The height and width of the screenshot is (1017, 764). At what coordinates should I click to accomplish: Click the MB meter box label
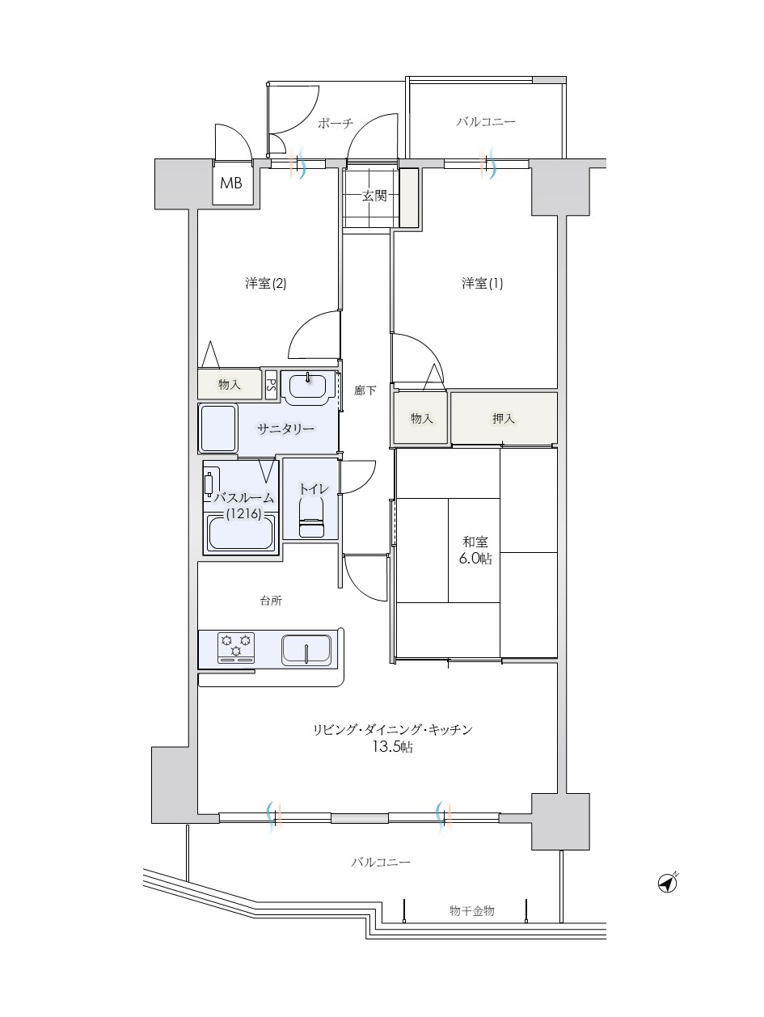[x=230, y=183]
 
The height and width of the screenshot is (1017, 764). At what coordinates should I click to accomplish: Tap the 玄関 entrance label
[x=374, y=196]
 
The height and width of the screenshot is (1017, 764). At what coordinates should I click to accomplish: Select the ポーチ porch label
[x=336, y=123]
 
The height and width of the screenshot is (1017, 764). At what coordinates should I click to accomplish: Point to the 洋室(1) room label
[x=482, y=283]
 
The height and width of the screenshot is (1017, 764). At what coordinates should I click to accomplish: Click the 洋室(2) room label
[x=265, y=283]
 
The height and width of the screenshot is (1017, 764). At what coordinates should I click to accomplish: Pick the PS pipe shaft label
[x=271, y=384]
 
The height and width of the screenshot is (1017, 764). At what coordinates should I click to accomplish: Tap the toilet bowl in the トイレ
[x=311, y=517]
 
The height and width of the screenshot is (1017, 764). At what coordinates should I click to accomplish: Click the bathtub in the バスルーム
[x=241, y=533]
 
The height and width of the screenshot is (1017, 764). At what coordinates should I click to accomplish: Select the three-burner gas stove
[x=236, y=648]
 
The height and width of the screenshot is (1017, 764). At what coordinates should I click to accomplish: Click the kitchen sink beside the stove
[x=306, y=648]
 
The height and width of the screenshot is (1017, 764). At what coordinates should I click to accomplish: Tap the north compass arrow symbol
[x=667, y=883]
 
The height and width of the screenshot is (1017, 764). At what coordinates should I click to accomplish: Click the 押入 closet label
[x=503, y=419]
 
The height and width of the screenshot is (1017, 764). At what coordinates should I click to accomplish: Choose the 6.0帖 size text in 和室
[x=475, y=559]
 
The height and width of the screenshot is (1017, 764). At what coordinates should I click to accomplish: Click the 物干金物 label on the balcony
[x=471, y=911]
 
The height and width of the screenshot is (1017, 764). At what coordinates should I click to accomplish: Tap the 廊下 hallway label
[x=365, y=390]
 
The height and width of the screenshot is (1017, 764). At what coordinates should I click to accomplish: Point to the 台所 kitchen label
[x=271, y=601]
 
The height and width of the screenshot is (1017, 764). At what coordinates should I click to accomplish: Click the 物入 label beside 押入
[x=421, y=419]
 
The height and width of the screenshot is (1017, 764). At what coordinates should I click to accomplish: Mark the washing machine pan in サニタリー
[x=217, y=428]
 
